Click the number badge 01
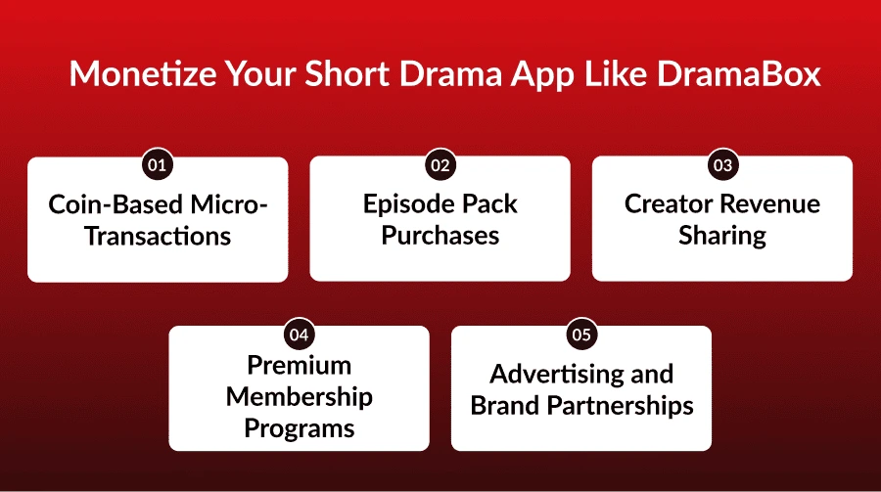157,165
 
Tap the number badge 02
440,165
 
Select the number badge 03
722,165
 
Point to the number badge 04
299,335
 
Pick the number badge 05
581,335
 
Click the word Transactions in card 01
158,236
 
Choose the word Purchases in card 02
440,236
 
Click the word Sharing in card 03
722,236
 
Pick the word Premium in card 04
299,366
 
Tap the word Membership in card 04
299,397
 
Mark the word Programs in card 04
299,428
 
